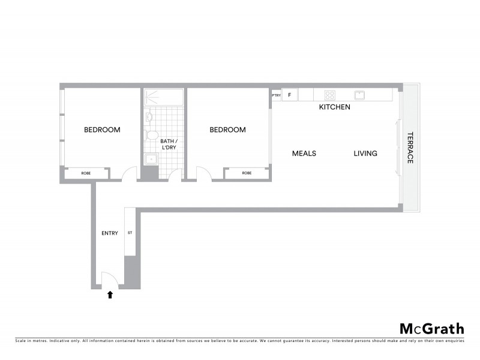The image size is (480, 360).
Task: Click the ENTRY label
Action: coord(110,233)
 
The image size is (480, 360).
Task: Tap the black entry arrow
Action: coord(110,294)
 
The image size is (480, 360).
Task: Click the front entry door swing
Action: coord(109,280)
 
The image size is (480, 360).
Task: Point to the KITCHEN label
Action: coord(334,107)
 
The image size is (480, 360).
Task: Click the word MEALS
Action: coord(304,154)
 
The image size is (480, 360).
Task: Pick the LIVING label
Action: coord(365,154)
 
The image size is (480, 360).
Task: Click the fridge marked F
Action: coord(290,95)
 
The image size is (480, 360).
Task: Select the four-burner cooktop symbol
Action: coord(330,95)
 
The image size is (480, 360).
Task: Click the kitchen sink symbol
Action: coord(359,94)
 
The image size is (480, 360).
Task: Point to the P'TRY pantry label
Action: coord(277,95)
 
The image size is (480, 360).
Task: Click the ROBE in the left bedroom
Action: coord(86,173)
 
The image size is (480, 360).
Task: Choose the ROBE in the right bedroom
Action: coord(247,173)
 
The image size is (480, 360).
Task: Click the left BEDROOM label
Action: coord(102,130)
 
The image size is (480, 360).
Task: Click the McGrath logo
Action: coord(431,328)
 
